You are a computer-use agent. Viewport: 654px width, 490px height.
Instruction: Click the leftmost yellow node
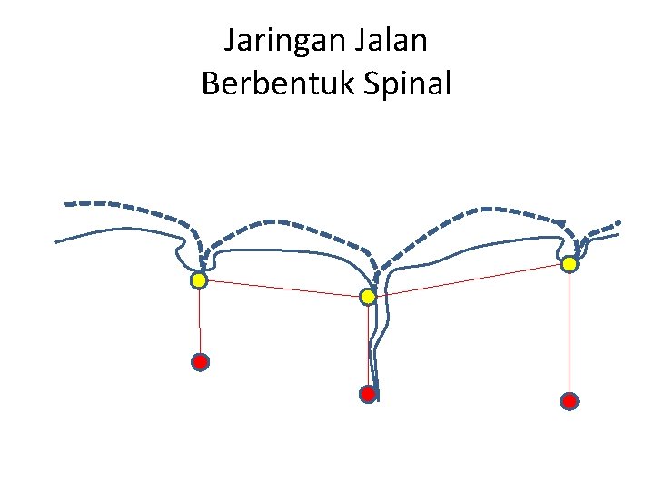pos(199,281)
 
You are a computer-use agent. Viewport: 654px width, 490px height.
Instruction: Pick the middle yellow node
pos(368,297)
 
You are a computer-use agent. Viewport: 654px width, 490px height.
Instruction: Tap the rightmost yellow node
pos(570,264)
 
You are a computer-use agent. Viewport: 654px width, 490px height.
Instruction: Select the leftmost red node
pos(201,362)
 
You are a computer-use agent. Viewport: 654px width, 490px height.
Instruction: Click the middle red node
pos(368,394)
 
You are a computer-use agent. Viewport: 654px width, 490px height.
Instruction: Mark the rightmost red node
pos(570,400)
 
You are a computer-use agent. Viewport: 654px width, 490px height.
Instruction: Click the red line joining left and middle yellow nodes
pos(282,289)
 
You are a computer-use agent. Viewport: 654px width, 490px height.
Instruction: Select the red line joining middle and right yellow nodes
pos(468,280)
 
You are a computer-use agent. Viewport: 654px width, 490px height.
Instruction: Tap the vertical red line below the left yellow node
pos(200,322)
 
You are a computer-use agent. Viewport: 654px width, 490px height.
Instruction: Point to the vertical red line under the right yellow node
pos(570,331)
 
